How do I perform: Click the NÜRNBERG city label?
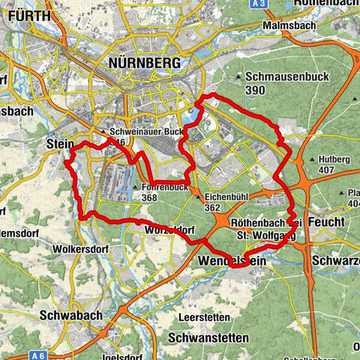pyautogui.click(x=145, y=64)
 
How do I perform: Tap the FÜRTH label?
pyautogui.click(x=25, y=15)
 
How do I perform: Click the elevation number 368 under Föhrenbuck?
pyautogui.click(x=150, y=197)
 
